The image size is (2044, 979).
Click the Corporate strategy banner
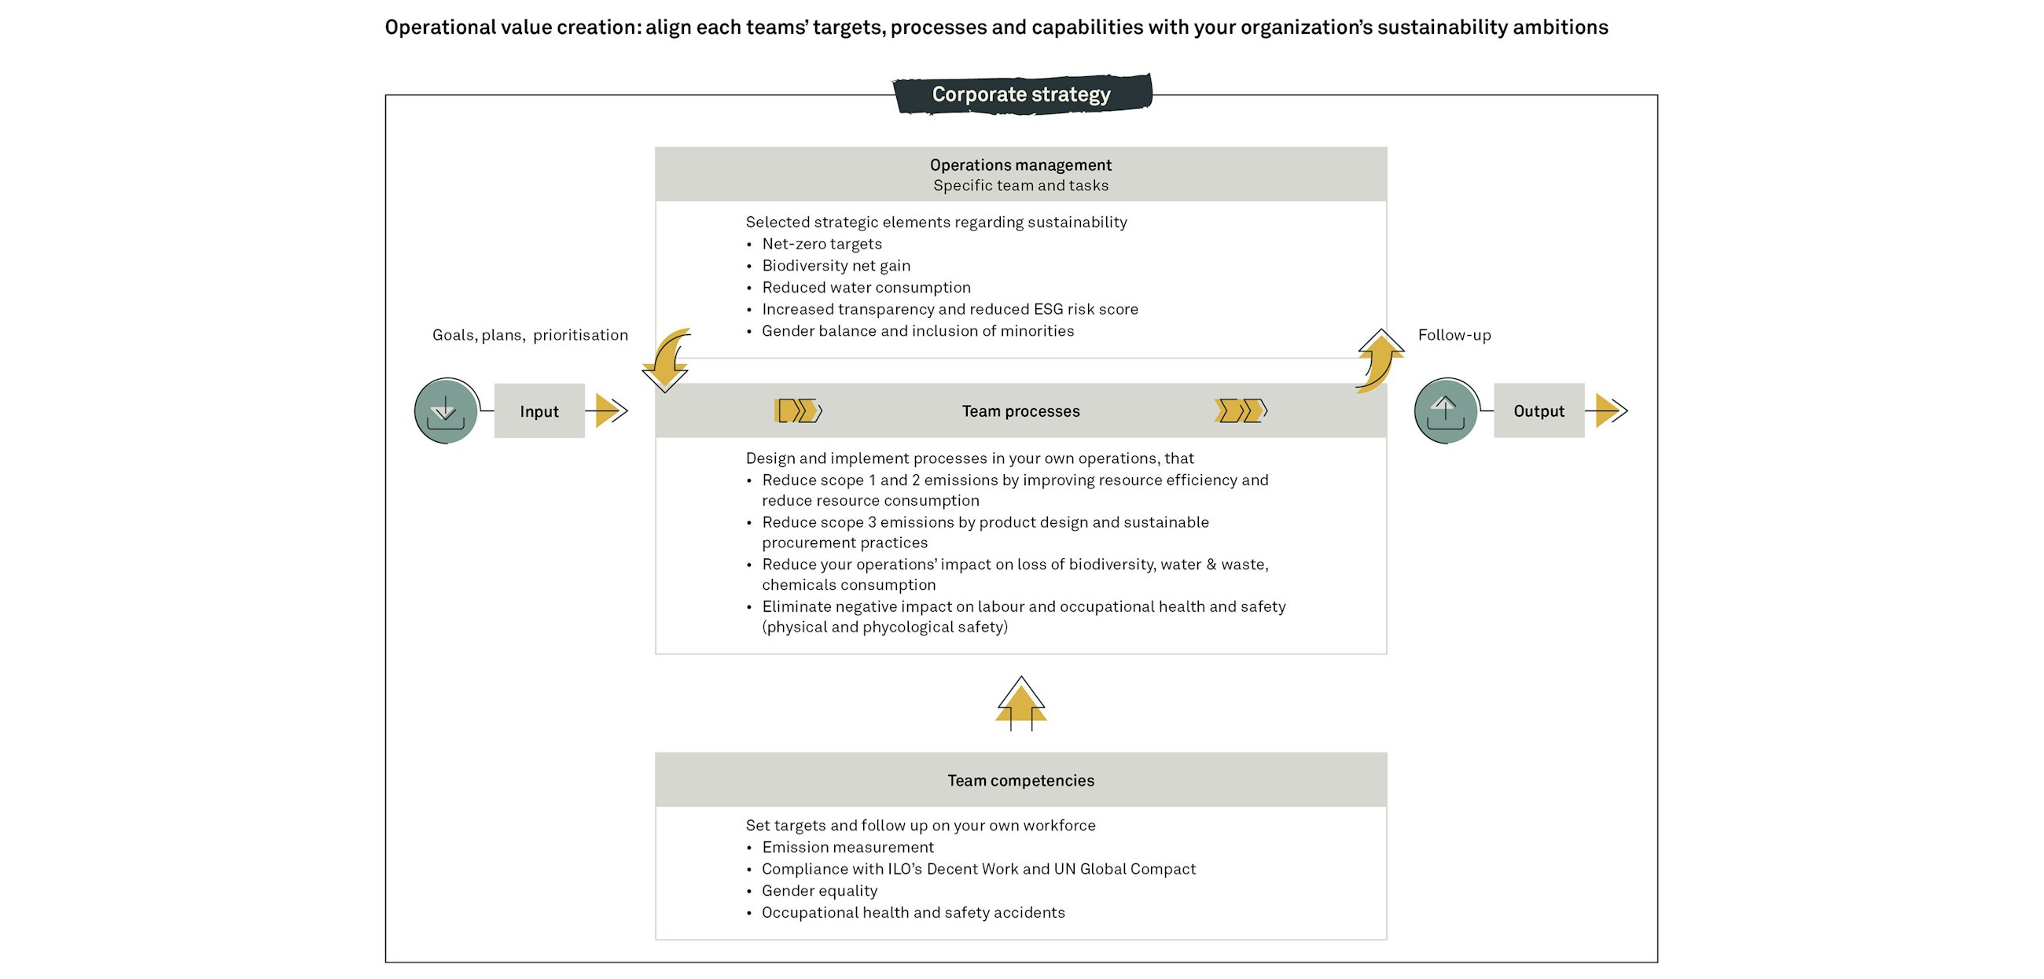tap(1021, 94)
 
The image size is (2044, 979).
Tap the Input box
tap(539, 411)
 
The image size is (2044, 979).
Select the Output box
tap(1538, 411)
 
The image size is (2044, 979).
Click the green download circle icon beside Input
tap(446, 411)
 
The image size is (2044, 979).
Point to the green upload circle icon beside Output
tap(1445, 411)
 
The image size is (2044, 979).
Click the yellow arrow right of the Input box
tap(609, 411)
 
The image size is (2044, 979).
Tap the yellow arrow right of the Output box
tap(1609, 411)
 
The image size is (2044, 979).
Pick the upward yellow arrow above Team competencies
tap(1021, 704)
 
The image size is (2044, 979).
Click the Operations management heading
tap(1020, 165)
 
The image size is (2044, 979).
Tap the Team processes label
tap(1020, 411)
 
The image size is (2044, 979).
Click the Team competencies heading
tap(1020, 781)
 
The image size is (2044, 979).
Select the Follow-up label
tap(1454, 335)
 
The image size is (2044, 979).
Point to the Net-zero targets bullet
tap(822, 245)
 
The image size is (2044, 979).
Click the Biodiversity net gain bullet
tap(836, 266)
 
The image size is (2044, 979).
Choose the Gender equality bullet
tap(819, 891)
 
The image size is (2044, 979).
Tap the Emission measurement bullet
tap(847, 848)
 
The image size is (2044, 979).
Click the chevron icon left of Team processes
tap(798, 411)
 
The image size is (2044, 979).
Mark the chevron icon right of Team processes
tap(1241, 411)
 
